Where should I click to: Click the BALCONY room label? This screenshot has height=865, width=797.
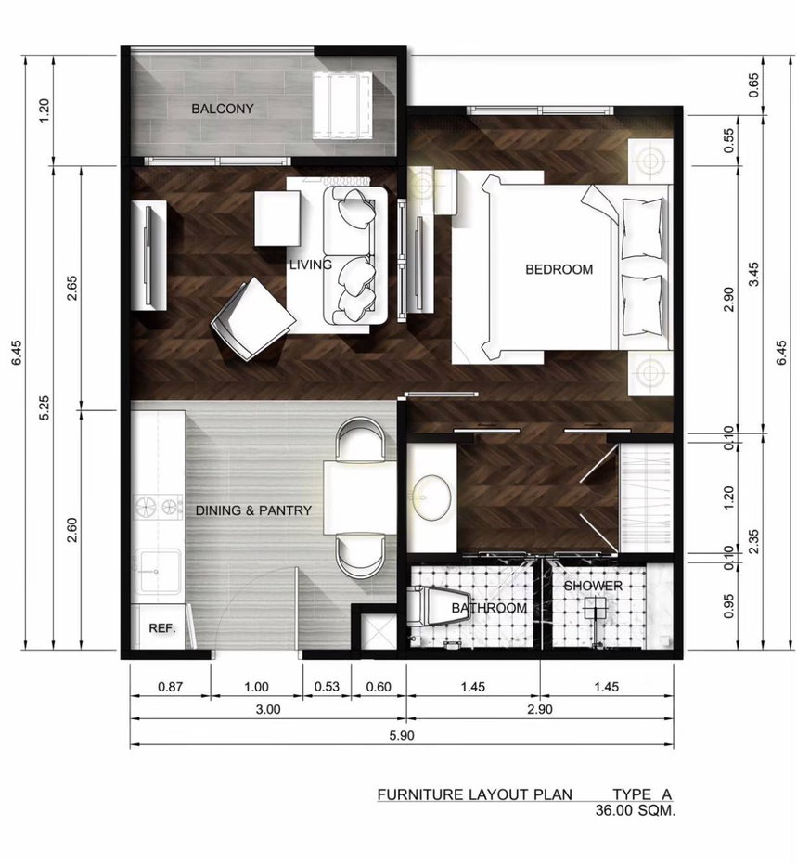click(x=223, y=109)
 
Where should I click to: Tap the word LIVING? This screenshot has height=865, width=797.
click(x=311, y=265)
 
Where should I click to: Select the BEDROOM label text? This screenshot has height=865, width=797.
click(x=559, y=269)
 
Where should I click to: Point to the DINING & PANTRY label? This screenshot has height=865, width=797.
click(x=253, y=510)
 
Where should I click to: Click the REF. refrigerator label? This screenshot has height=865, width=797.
click(x=162, y=628)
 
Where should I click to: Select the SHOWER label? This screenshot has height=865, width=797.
click(x=592, y=586)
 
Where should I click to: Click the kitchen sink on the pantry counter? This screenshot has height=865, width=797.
click(x=159, y=571)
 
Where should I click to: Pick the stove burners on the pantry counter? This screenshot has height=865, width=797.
click(x=159, y=507)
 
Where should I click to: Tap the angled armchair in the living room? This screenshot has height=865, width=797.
click(x=252, y=319)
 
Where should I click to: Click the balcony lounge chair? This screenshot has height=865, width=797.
click(x=342, y=106)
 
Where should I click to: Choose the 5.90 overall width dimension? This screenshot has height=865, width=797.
click(x=402, y=735)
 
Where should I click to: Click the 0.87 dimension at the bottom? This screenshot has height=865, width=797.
click(x=170, y=687)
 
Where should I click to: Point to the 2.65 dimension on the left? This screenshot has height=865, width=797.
click(x=71, y=288)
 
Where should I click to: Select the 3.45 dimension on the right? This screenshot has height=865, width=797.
click(x=753, y=274)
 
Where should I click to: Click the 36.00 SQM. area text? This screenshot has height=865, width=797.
click(x=635, y=810)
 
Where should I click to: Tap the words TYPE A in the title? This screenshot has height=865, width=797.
click(x=642, y=794)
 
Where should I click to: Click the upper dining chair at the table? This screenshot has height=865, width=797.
click(x=360, y=440)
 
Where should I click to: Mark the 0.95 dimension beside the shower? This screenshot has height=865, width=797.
click(x=729, y=606)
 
